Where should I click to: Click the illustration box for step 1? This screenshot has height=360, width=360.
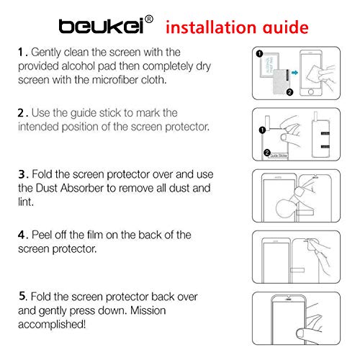[x=297, y=73]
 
